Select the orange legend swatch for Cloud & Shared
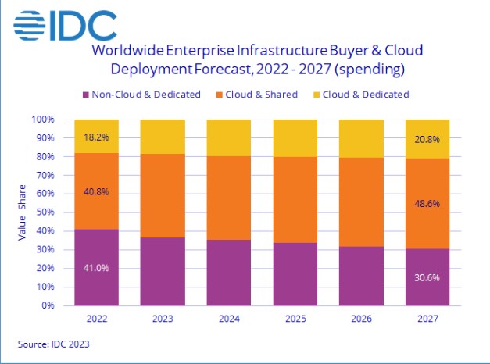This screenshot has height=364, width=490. click(x=221, y=95)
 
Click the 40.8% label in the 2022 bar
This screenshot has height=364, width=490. click(x=97, y=187)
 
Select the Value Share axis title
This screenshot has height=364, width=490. click(x=23, y=212)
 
